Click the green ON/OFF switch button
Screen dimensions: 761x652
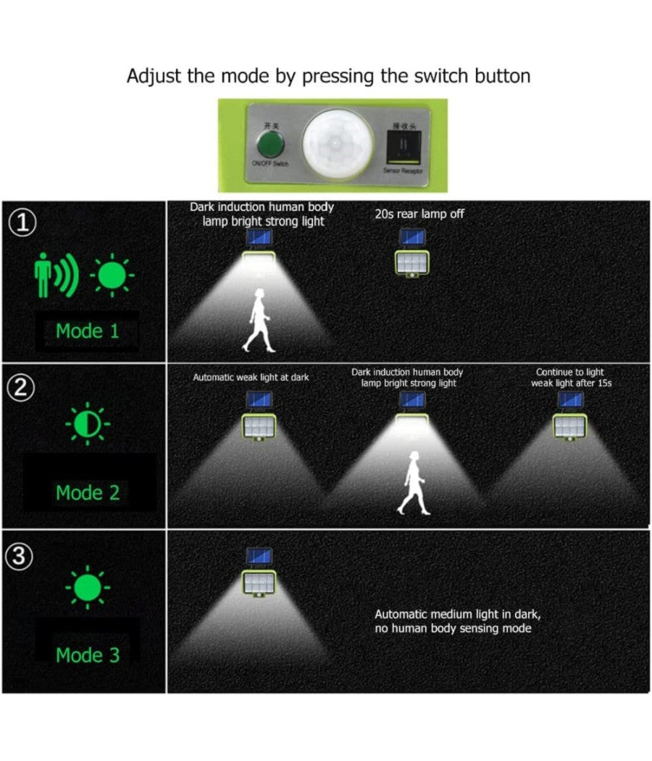pos(270,146)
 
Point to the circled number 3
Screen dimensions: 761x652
pos(23,557)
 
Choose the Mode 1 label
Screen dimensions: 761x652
pos(88,331)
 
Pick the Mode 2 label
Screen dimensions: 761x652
pos(88,493)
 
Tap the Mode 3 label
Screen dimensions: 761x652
pos(88,655)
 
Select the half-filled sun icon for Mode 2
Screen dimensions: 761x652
pos(88,425)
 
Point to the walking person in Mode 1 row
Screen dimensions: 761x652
pos(259,320)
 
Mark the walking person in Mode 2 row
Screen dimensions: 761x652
pos(413,483)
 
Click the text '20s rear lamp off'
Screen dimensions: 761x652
pos(419,214)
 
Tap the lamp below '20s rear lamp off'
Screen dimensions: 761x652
pos(412,262)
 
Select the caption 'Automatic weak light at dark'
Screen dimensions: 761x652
pos(251,378)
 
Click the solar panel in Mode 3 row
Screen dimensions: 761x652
pos(259,557)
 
